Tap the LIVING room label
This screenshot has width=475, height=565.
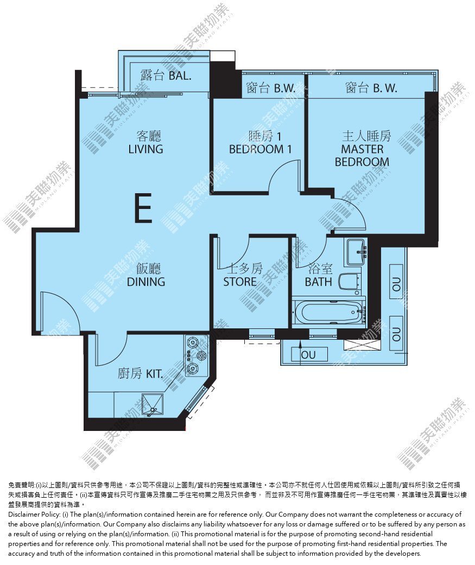point(145,149)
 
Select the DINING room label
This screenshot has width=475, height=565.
point(146,282)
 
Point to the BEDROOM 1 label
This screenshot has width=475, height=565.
point(260,149)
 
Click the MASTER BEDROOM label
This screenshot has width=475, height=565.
point(362,155)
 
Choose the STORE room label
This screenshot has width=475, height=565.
point(239,282)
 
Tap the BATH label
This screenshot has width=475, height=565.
point(318,282)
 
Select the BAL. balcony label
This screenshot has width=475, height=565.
point(180,75)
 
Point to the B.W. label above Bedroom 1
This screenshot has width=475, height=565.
point(284,88)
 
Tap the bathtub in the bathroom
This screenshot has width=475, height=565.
point(328,312)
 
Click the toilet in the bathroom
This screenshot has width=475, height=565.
point(350,282)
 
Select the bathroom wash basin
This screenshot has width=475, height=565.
point(357,251)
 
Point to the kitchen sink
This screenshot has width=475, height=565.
point(153,405)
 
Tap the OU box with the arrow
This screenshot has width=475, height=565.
point(309,354)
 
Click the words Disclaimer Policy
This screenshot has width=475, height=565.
point(34,514)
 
